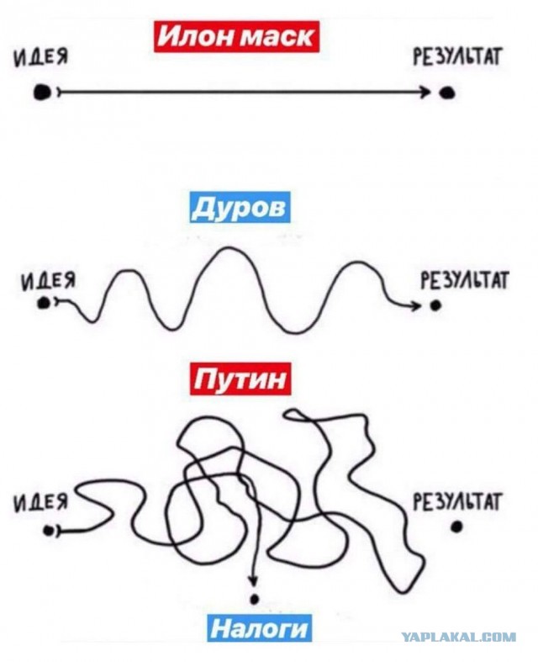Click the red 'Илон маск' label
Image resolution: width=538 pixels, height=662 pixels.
click(237, 36)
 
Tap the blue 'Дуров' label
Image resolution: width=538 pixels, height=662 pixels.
click(240, 207)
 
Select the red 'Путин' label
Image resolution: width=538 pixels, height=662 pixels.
click(240, 379)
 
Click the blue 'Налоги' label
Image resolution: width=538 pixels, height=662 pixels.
click(260, 628)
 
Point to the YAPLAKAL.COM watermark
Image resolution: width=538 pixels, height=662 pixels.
click(459, 637)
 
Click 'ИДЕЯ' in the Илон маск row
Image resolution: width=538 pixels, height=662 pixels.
click(41, 57)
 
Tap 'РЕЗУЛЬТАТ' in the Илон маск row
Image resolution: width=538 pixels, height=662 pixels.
click(457, 56)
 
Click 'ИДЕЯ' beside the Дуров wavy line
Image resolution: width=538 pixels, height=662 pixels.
click(49, 281)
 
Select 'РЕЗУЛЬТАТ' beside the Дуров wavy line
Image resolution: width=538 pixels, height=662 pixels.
click(465, 280)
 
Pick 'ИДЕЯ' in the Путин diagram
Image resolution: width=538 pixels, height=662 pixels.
click(41, 503)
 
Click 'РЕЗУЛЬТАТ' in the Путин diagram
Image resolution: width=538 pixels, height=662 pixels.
click(457, 502)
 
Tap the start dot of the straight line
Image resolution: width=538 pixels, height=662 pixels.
click(43, 92)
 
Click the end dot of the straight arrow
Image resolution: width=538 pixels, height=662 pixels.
click(446, 93)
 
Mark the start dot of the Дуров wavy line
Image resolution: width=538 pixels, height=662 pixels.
click(43, 302)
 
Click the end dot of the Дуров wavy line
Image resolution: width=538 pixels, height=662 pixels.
click(435, 305)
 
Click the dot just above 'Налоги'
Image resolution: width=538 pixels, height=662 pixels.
click(254, 598)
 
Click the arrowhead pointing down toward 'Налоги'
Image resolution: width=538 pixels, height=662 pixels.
click(253, 580)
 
